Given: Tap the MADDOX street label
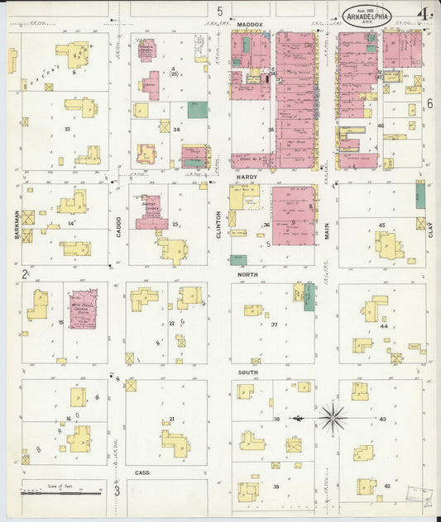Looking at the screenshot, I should coord(249,26).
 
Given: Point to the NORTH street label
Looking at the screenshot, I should coord(248,273).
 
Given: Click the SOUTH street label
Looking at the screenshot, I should coord(248,373).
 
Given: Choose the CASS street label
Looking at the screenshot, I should coord(141,473).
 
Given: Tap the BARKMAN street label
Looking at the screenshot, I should coord(16,224).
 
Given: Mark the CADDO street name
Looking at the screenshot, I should coord(118,224).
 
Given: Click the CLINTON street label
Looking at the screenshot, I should coord(218,224).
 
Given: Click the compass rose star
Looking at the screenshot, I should coord(333,418).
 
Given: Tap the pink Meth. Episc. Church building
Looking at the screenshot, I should coord(83,309).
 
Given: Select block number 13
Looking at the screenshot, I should coord(66,130).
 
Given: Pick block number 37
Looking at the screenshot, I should coord(273,324).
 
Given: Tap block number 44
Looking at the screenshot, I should coord(384,327).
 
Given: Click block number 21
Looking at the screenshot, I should coord(171,420).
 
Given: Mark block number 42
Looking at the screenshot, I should coord(387,486).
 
